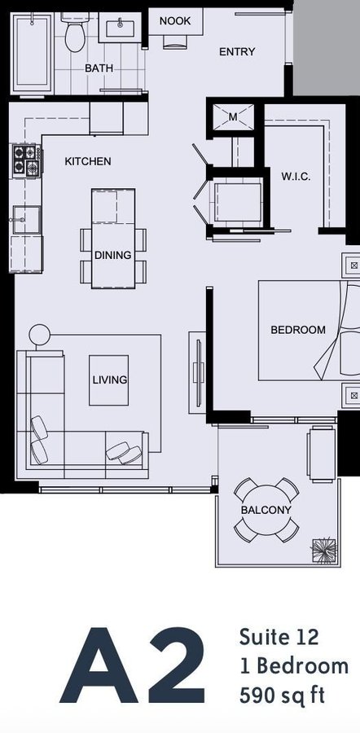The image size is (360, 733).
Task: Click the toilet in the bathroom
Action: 74,33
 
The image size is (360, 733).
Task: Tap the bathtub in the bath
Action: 32,53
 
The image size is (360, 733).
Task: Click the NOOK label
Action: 175,21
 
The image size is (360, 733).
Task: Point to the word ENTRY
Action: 237,51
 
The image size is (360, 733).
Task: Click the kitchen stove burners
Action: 26,160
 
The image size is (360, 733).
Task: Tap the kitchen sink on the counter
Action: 26,220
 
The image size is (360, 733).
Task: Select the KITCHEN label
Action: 88,162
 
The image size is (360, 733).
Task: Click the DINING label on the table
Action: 112,255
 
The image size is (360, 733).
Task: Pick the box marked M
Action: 233,116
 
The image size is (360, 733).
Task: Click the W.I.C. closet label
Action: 296,177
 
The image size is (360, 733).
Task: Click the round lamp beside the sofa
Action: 39,336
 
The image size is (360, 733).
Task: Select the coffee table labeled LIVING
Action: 109,380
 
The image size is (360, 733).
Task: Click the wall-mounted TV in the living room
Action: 200,372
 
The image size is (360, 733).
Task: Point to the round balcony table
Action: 266,510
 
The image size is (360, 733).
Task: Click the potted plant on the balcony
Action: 324,551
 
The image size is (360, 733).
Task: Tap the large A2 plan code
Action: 132,666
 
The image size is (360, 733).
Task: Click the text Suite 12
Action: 279,638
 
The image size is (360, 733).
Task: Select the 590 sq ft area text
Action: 282,696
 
